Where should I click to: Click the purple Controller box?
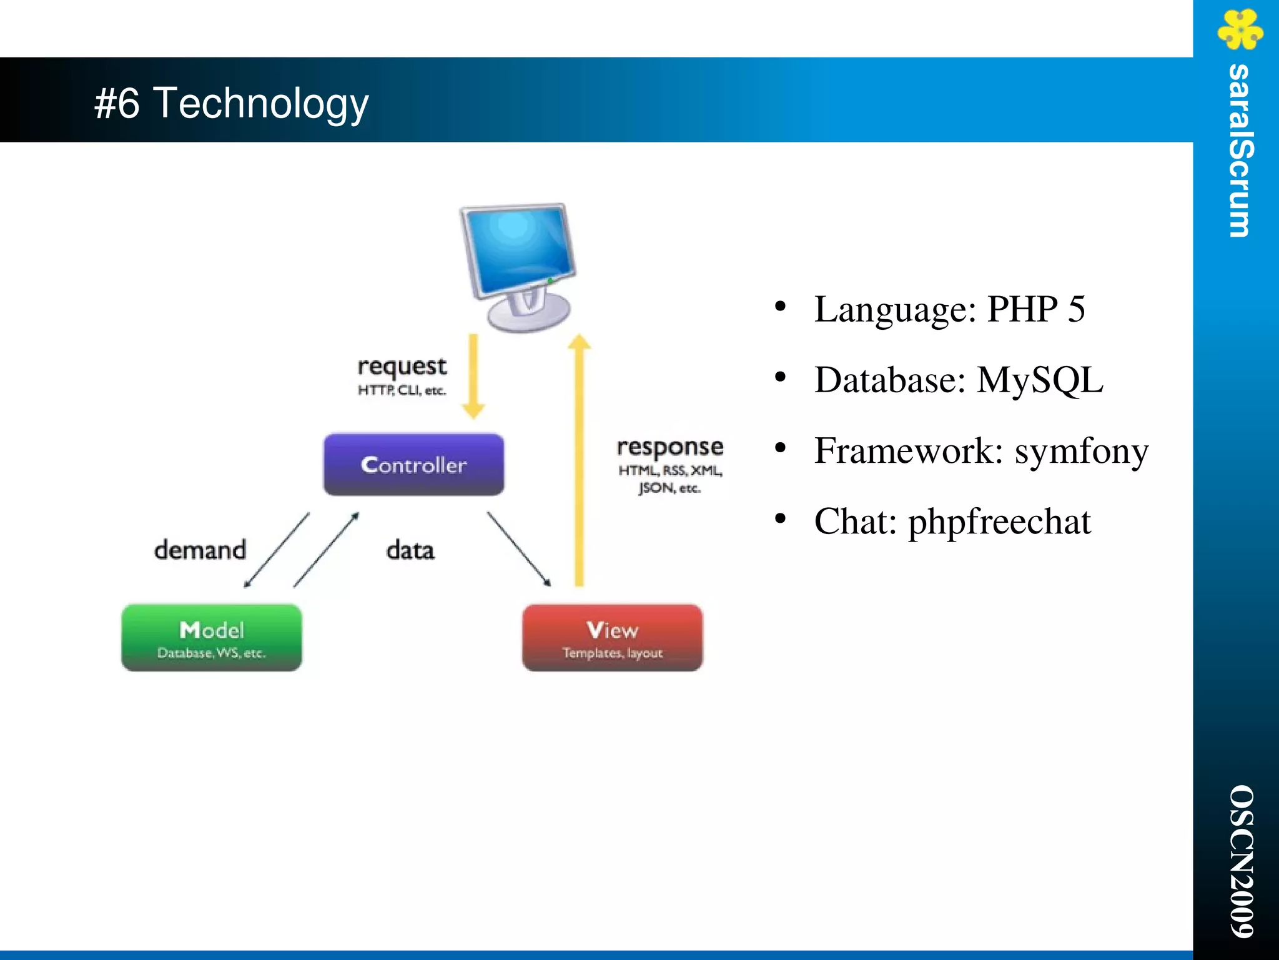(413, 465)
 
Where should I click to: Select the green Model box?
(211, 638)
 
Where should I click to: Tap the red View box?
(612, 638)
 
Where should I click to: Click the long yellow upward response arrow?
(579, 462)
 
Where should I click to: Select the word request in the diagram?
(402, 367)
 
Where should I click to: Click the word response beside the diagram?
(669, 447)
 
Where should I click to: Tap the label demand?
(200, 550)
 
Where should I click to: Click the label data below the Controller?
(410, 550)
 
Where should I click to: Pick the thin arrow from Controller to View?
(518, 549)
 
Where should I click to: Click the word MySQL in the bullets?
(1039, 380)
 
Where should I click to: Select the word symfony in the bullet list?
(1081, 451)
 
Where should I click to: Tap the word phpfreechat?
(999, 522)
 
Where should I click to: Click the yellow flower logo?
(1240, 29)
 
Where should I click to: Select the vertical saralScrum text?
(1240, 151)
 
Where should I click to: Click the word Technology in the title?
(260, 104)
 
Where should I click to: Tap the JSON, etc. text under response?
(669, 488)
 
